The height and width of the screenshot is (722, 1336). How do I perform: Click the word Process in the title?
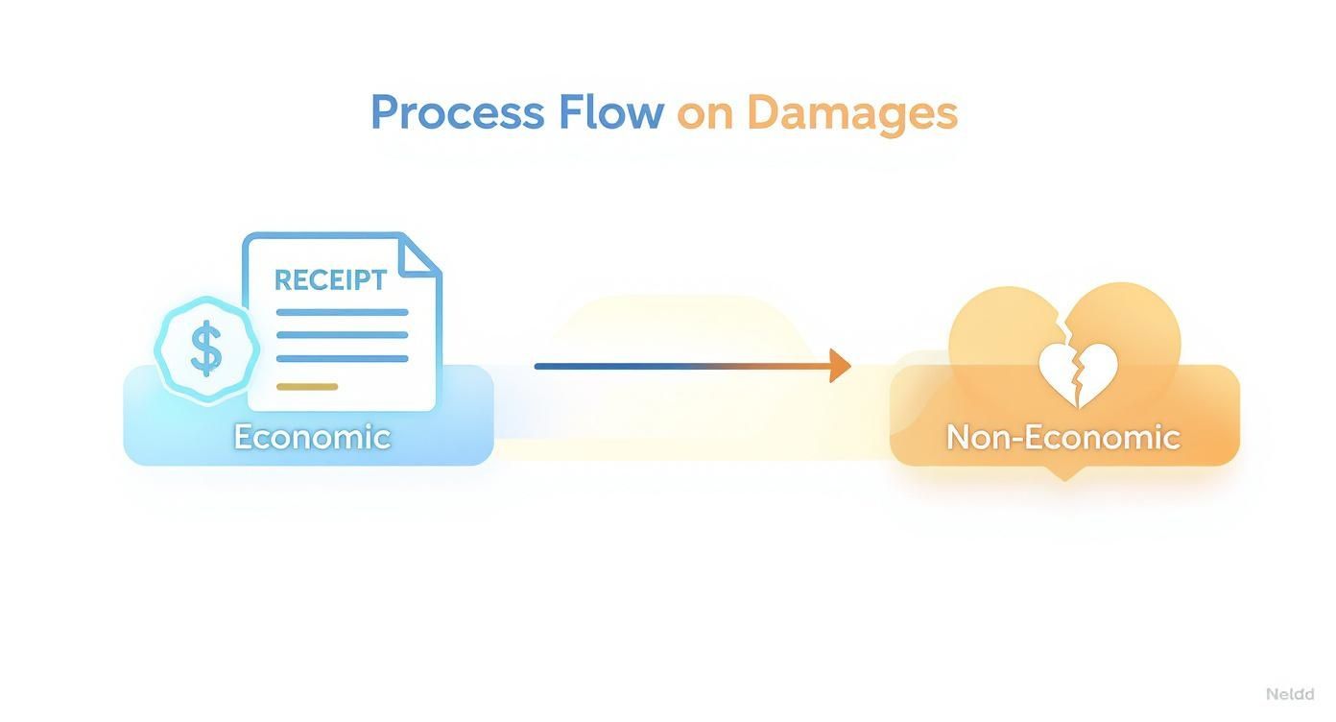[456, 113]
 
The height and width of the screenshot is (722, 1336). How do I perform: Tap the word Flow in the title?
[611, 112]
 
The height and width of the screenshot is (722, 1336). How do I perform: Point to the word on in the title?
[704, 113]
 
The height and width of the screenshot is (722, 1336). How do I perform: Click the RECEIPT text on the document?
[330, 280]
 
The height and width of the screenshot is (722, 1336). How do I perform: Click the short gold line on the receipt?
[307, 387]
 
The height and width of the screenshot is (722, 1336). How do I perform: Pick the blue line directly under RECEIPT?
[342, 312]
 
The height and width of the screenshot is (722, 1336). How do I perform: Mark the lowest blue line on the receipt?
[342, 359]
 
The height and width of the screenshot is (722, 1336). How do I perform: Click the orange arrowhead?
[840, 366]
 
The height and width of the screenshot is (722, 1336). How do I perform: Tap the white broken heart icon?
[1079, 375]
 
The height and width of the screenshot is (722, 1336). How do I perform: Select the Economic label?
[312, 437]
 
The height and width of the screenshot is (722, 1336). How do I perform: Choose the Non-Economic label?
[1062, 437]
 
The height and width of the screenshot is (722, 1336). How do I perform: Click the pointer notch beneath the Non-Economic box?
[1063, 473]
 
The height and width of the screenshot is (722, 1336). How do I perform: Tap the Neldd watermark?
[1289, 694]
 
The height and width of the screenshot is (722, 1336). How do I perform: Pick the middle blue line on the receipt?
[342, 335]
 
